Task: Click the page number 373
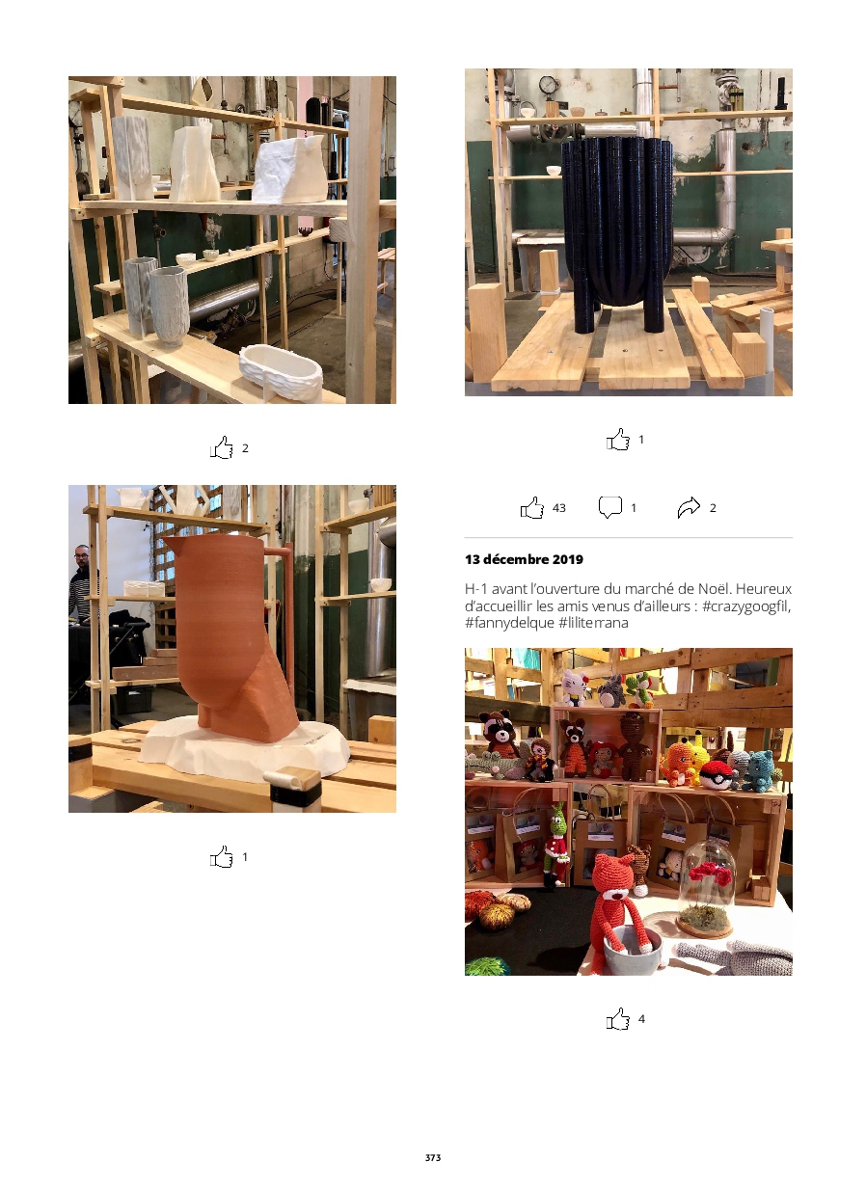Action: click(x=432, y=1157)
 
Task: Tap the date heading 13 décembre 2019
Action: click(x=524, y=559)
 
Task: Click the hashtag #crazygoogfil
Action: click(x=746, y=605)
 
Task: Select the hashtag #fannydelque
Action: click(x=509, y=623)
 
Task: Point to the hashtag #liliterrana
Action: click(x=594, y=623)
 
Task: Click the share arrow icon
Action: click(x=689, y=508)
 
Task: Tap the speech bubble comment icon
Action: click(x=609, y=507)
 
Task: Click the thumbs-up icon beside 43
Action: click(x=532, y=508)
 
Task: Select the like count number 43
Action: click(x=558, y=508)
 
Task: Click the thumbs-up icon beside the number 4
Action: click(x=618, y=1018)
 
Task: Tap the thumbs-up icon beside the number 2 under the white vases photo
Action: click(x=222, y=447)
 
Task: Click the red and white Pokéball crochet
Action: click(x=716, y=774)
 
